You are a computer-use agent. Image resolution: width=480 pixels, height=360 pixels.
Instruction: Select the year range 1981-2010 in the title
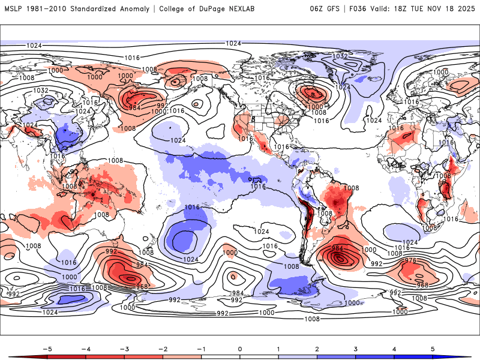point(46,8)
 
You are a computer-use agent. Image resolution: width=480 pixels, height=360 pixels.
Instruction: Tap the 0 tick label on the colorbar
point(240,348)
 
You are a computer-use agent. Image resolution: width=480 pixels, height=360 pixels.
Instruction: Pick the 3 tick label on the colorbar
point(355,348)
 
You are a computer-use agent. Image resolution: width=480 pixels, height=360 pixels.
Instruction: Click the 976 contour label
point(411,260)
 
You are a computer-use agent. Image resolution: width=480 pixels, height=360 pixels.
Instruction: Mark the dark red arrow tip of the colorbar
point(11,356)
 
